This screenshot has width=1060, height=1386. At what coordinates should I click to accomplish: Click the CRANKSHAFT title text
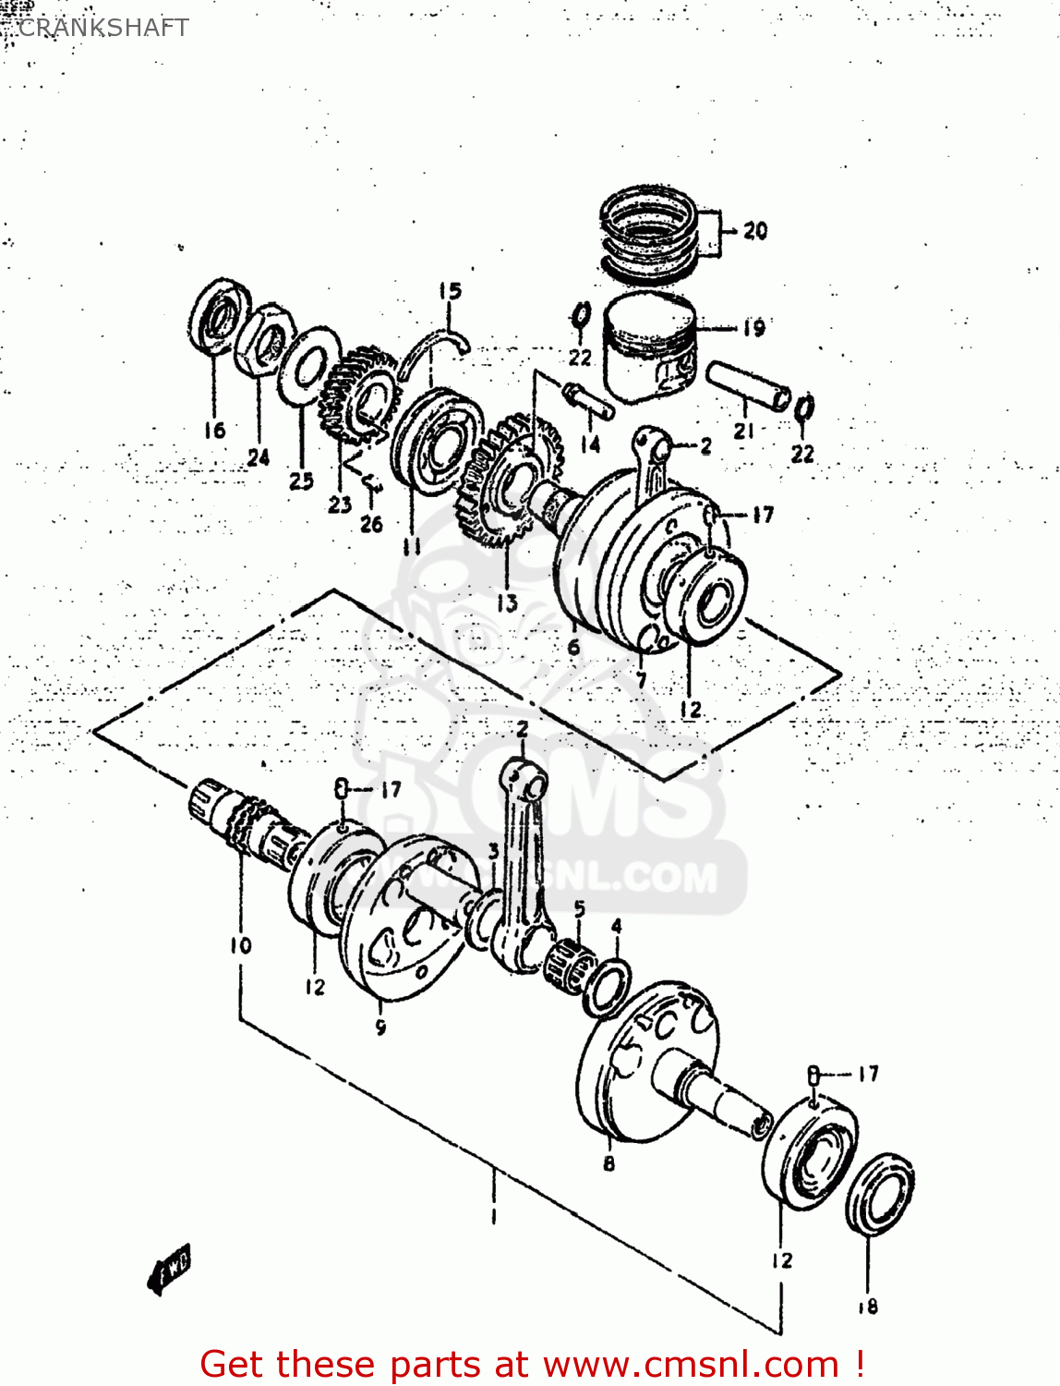102,28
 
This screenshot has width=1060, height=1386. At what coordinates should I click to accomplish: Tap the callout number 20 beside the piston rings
754,231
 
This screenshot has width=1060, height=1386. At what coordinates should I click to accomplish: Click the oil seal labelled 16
221,316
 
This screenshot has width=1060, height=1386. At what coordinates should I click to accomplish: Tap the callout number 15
450,292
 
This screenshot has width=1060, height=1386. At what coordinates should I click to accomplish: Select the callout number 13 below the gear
507,603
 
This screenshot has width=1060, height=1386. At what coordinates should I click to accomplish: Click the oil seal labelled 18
880,1193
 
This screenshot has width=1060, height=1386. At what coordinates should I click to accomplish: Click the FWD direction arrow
170,1268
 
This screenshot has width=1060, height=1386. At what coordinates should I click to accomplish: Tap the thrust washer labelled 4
607,986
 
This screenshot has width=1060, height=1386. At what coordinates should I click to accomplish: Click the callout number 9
380,1027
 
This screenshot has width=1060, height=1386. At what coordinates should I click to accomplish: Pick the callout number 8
608,1163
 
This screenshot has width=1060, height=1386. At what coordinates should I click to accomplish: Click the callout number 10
240,945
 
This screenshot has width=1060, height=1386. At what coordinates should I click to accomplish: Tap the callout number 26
371,524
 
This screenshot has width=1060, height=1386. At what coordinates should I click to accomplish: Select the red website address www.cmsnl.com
691,1365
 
